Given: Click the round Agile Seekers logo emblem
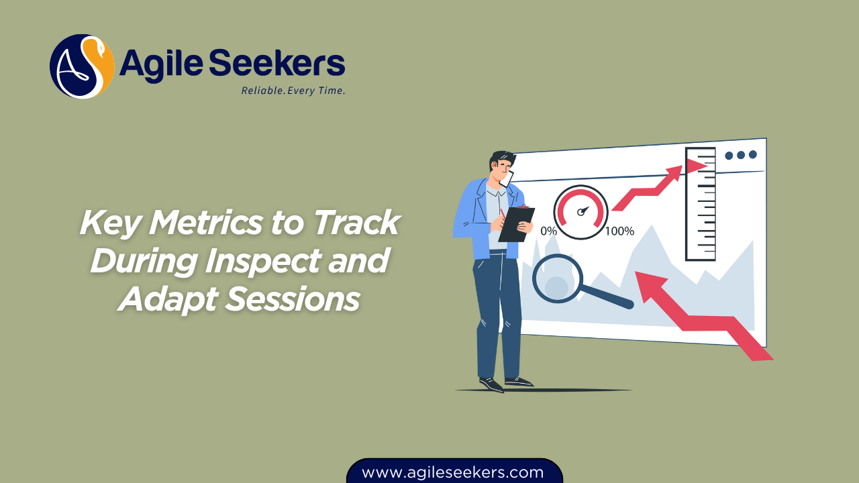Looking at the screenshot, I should click(x=82, y=66).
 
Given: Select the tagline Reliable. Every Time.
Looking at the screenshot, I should click(x=293, y=91).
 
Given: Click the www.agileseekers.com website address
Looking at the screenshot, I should click(x=453, y=472).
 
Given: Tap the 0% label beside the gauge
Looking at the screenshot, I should click(x=548, y=231).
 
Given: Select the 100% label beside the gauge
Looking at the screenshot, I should click(x=619, y=231).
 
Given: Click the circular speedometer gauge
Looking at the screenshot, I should click(x=581, y=211).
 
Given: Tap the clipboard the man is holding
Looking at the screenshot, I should click(x=516, y=224).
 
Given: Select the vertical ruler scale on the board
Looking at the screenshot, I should click(x=700, y=204).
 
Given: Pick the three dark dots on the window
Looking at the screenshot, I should click(x=741, y=155).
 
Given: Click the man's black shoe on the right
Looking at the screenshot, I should click(x=519, y=382).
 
